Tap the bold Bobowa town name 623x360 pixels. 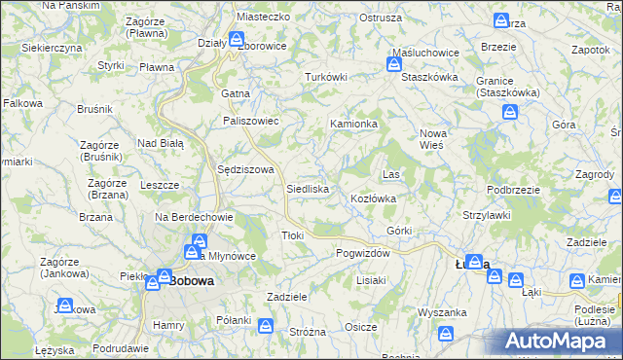[191, 282]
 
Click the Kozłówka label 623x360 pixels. [373, 198]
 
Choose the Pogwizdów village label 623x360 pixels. [362, 253]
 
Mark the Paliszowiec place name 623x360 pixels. [251, 121]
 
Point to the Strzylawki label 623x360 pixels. [487, 215]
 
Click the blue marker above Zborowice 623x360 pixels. [237, 40]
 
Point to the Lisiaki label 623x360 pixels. [372, 280]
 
